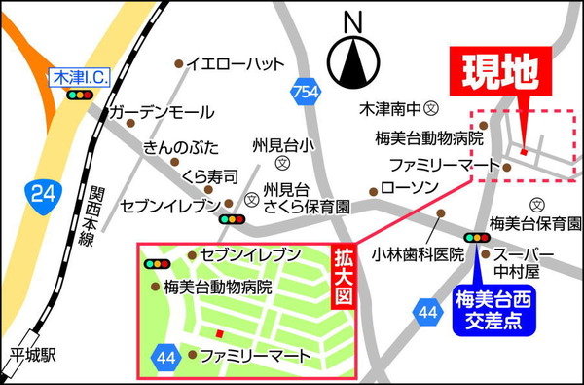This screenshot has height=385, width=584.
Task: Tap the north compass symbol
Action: tap(352, 59)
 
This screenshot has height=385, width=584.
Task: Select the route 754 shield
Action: tap(306, 93)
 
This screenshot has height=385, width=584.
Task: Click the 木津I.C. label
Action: tap(80, 75)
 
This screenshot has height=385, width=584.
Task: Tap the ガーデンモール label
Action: tap(155, 113)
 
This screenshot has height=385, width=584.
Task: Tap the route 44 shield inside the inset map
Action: tap(164, 357)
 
